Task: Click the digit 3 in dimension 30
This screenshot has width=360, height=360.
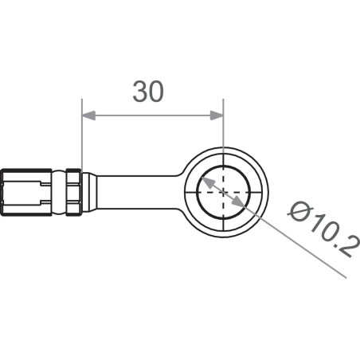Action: [x=142, y=92]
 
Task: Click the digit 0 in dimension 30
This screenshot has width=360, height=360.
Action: [x=157, y=92]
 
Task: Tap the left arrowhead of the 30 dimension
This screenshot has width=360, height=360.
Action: [x=87, y=115]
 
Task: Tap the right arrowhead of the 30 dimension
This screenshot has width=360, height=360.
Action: [x=218, y=115]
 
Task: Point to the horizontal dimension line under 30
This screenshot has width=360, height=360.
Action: [x=152, y=115]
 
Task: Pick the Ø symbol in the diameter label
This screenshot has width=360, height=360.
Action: [x=298, y=211]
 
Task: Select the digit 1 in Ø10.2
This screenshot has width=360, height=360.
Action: [x=313, y=222]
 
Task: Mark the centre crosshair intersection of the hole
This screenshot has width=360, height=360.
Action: [x=224, y=193]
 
